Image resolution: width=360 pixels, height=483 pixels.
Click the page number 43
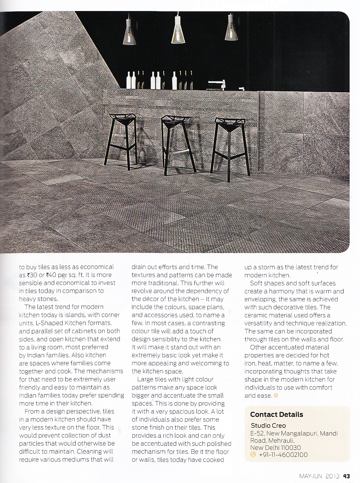point(346,476)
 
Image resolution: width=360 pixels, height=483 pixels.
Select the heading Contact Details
point(276,414)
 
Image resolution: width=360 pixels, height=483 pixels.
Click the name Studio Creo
point(268,426)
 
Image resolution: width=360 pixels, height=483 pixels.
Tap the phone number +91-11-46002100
point(283,455)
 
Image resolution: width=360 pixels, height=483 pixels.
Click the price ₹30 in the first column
point(32,275)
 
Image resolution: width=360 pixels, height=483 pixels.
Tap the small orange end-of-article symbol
point(276,396)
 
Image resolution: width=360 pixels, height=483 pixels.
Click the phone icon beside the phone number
point(253,455)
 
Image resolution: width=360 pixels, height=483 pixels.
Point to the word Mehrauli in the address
point(281,440)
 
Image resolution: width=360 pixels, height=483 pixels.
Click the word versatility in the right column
point(260,323)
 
